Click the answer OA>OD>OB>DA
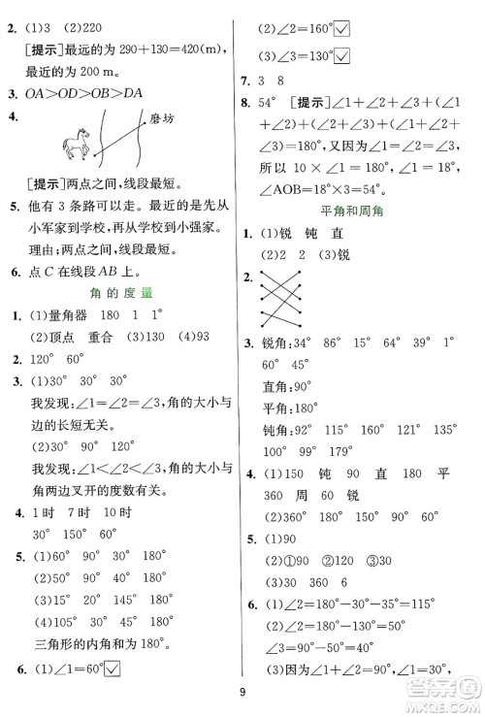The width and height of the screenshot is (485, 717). [83, 94]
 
